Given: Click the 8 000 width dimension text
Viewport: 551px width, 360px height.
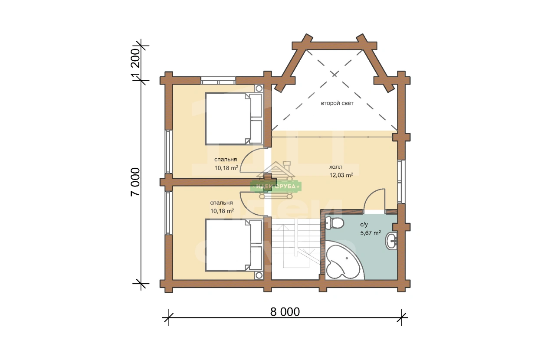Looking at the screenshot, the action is [285, 312].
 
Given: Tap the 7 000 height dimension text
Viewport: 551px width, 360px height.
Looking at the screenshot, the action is [135, 182].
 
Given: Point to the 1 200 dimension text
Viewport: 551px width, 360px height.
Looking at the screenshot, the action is [135, 62].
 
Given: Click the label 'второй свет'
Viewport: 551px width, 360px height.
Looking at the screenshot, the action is [337, 103].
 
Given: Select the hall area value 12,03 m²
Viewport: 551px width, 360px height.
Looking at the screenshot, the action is [341, 175].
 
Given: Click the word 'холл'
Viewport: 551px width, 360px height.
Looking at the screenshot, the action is [336, 167].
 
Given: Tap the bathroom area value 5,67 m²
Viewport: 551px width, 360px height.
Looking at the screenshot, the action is [371, 232].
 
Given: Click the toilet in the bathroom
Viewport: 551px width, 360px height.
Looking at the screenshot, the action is [334, 223].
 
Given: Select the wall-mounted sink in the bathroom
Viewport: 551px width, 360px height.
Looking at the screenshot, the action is [391, 241].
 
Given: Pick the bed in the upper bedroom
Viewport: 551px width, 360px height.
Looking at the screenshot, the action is [234, 118].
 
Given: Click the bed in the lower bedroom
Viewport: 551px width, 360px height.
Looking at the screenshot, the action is [234, 245].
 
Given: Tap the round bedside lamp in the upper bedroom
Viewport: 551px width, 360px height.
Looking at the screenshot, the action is [259, 88].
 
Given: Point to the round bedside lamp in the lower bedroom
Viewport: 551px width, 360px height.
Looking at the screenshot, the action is [259, 275].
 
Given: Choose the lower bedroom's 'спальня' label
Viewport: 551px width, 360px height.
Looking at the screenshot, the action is [221, 203].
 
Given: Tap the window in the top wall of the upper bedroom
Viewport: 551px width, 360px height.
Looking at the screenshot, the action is [218, 81].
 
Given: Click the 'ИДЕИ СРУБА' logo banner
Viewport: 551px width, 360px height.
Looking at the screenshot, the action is [276, 187].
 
